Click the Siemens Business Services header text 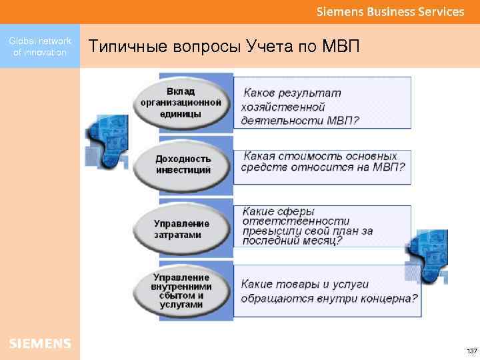pyautogui.click(x=390, y=12)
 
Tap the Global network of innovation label pyautogui.click(x=40, y=47)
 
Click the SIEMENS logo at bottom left pyautogui.click(x=40, y=343)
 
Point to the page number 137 pyautogui.click(x=471, y=351)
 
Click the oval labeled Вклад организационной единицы pyautogui.click(x=181, y=103)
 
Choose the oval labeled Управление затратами pyautogui.click(x=181, y=229)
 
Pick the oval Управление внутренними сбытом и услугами pyautogui.click(x=181, y=290)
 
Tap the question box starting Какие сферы pyautogui.click(x=322, y=226)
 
